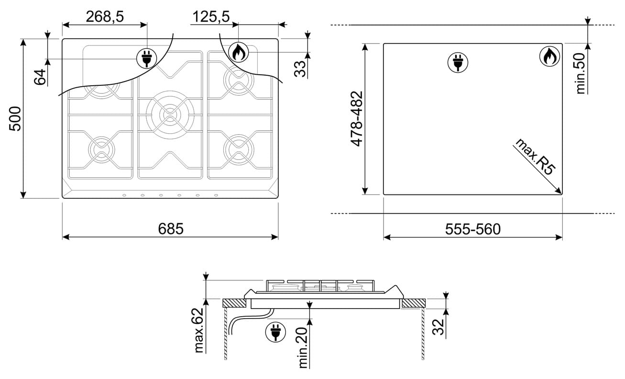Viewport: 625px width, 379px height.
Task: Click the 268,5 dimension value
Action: pos(105,17)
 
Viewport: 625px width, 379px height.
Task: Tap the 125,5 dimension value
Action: pos(211,17)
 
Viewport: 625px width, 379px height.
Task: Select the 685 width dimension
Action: pos(171,229)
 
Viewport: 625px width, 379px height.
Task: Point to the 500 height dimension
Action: pos(15,119)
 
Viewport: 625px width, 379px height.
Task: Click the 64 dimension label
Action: pos(40,77)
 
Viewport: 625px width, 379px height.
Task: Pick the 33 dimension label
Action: pos(300,69)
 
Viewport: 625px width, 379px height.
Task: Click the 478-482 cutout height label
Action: pos(357,119)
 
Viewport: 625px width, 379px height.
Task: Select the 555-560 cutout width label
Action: pos(473,230)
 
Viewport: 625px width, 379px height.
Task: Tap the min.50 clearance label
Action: pos(580,73)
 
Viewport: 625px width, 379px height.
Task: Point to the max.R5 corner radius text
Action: pos(535,157)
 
